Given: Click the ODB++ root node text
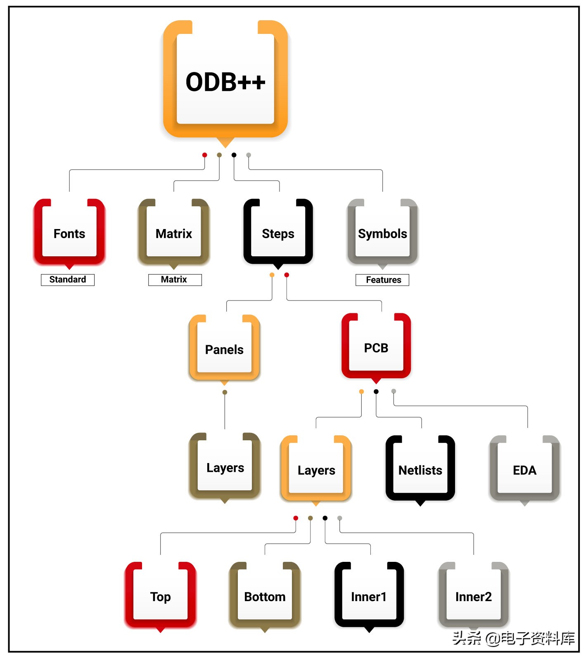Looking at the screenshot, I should (x=225, y=82).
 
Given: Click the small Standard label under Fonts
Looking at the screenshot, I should (x=68, y=279).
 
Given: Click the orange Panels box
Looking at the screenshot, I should (x=224, y=349).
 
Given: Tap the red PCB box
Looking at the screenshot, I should (x=376, y=348).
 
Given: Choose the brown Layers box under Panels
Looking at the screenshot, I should (x=225, y=468).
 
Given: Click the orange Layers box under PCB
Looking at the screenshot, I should (x=316, y=470).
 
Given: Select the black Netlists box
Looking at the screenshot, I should (x=420, y=470).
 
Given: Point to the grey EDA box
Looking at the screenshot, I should (x=524, y=470).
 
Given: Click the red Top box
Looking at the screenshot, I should (x=160, y=597).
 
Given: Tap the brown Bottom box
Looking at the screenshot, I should (x=265, y=597).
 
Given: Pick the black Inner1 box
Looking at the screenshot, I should (x=369, y=597).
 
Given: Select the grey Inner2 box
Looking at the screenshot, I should (x=473, y=597).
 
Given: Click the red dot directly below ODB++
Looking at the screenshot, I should (x=204, y=155).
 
